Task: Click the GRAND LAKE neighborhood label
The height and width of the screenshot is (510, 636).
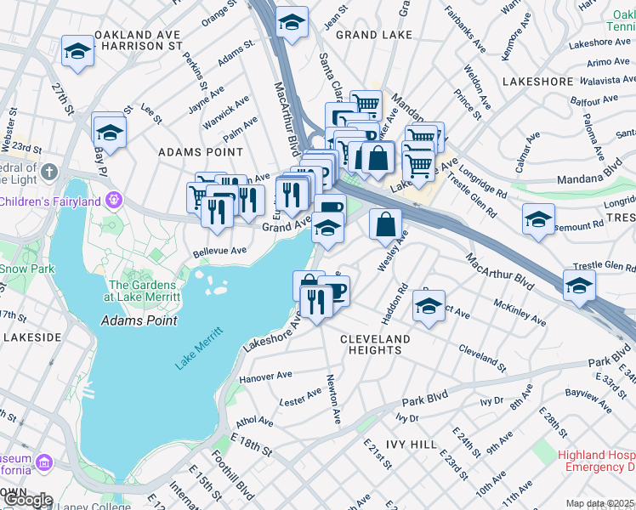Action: click(374, 35)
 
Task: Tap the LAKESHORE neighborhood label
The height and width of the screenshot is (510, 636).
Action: click(538, 82)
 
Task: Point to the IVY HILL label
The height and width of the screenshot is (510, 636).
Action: click(412, 445)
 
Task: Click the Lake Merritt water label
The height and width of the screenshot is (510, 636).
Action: click(199, 348)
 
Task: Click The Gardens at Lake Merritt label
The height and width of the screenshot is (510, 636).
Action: click(142, 292)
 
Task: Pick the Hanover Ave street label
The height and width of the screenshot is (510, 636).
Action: click(265, 375)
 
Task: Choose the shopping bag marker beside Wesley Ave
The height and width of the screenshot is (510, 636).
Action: click(386, 225)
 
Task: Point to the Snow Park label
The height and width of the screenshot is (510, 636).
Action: click(14, 269)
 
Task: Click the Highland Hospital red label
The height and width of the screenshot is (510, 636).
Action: click(597, 461)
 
